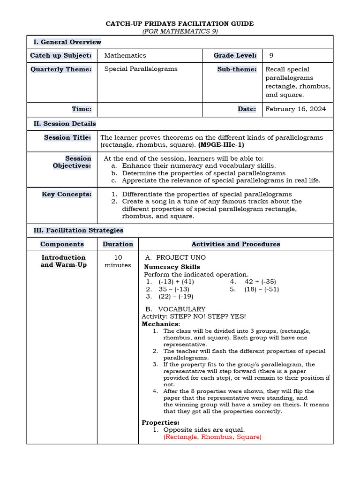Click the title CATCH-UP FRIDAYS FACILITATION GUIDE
[180, 23]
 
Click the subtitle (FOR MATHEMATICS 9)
[180, 31]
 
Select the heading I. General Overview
[67, 42]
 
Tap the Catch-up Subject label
[61, 55]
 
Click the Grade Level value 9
[271, 55]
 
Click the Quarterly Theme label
[61, 69]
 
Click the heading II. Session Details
[65, 124]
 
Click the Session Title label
[67, 137]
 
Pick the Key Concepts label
[67, 194]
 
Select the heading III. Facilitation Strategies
[78, 230]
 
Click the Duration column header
[118, 244]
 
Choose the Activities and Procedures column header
[236, 244]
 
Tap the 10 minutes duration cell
[118, 261]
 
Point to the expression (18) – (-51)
[261, 289]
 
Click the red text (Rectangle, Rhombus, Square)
[212, 437]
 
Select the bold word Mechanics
[160, 324]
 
